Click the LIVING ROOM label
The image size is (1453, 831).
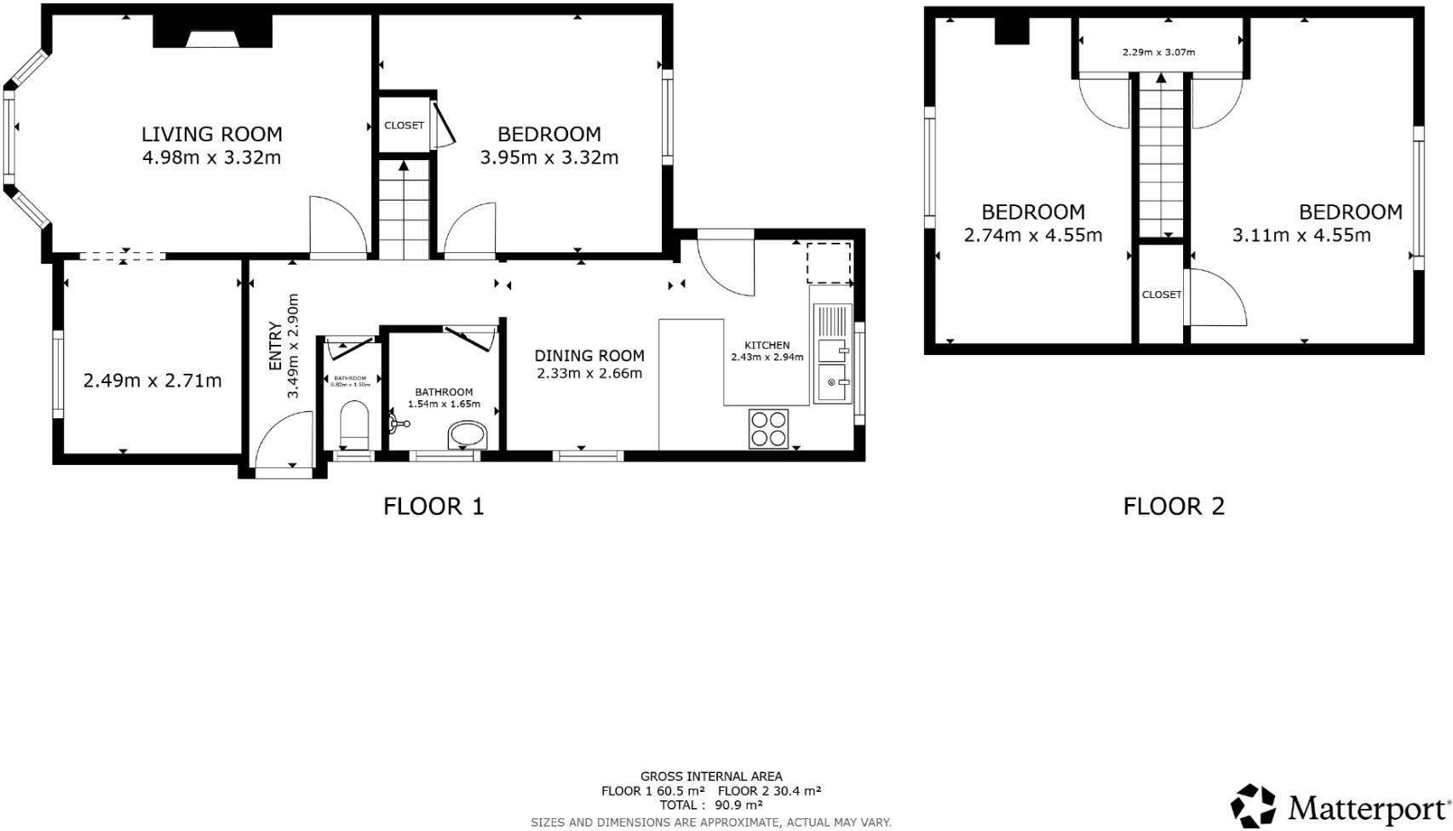click(x=211, y=134)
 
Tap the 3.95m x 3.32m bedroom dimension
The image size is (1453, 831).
click(x=548, y=158)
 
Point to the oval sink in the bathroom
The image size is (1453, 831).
click(x=467, y=434)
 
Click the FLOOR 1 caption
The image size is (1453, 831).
click(x=434, y=506)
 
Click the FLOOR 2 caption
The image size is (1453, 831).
click(x=1173, y=506)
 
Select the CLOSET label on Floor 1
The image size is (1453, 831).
click(x=404, y=125)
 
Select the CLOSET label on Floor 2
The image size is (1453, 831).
click(x=1161, y=295)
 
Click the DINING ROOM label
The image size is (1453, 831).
click(x=589, y=355)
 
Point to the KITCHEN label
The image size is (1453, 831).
click(x=767, y=345)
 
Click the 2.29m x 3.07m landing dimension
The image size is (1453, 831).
click(x=1158, y=52)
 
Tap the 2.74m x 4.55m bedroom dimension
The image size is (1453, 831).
click(x=1032, y=235)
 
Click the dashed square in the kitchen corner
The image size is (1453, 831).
click(x=828, y=263)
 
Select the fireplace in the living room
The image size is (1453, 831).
click(x=212, y=35)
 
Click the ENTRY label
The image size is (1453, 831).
click(x=275, y=346)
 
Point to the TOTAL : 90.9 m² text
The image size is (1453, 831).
click(x=710, y=805)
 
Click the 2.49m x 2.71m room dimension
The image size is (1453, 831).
click(x=152, y=381)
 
